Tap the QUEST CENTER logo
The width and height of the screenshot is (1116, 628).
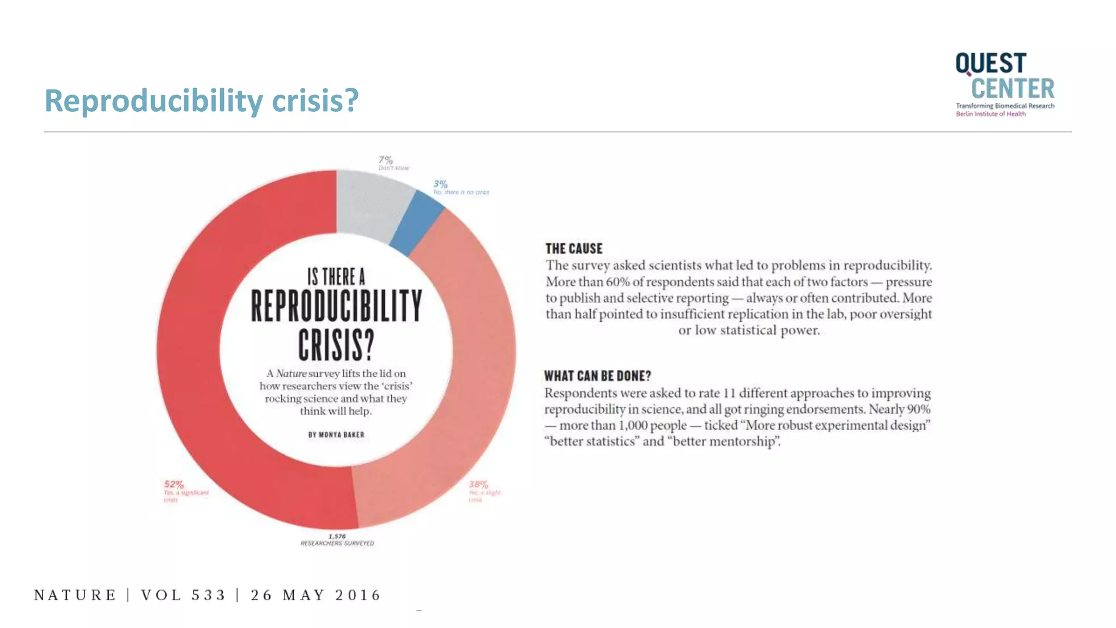(x=1004, y=83)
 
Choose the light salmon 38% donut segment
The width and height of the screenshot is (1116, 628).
(x=469, y=382)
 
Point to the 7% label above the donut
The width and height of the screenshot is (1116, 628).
(x=386, y=160)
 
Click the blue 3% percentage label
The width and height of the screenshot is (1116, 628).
(x=440, y=184)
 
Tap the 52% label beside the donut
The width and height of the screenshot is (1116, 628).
(x=174, y=484)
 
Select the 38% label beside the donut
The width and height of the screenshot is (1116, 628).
(x=478, y=484)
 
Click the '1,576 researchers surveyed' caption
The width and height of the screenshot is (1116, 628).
(x=337, y=540)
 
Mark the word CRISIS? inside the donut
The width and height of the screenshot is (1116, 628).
(x=336, y=344)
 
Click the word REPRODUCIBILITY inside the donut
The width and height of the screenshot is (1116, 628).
(x=336, y=306)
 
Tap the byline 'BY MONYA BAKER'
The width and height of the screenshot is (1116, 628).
(x=336, y=434)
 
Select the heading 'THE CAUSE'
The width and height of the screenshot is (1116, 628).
(x=574, y=249)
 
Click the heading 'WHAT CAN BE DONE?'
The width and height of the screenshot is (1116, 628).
(x=597, y=376)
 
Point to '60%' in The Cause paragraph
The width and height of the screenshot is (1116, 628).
(x=617, y=282)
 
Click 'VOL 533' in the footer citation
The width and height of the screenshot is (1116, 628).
(x=183, y=595)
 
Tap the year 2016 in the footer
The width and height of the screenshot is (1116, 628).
(x=357, y=595)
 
